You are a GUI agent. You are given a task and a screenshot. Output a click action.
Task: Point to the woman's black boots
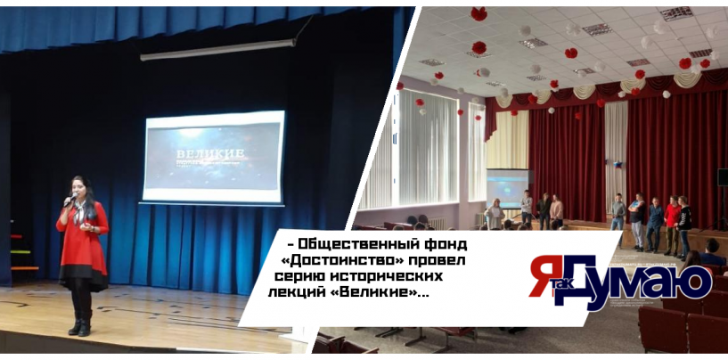(x=80, y=323)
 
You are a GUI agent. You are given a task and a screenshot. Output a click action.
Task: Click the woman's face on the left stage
(x=86, y=188)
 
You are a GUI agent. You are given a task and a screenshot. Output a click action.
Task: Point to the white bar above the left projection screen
(x=206, y=50)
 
